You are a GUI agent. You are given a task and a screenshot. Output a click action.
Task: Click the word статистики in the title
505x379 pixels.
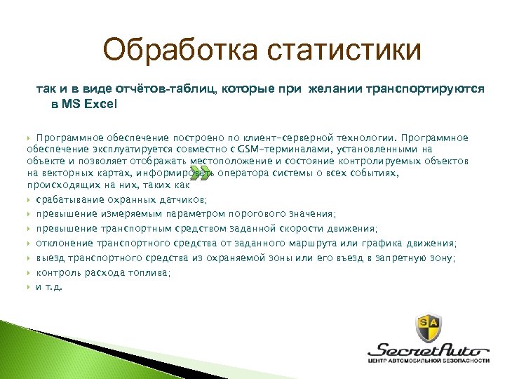[343, 51]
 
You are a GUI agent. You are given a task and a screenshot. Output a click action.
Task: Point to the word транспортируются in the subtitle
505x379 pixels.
[424, 90]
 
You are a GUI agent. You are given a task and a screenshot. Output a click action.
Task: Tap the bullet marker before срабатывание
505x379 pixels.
[29, 201]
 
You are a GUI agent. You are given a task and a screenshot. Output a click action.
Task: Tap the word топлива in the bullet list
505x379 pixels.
[149, 272]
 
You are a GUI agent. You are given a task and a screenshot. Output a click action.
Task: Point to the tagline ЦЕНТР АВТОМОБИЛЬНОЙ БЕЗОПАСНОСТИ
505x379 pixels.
[429, 361]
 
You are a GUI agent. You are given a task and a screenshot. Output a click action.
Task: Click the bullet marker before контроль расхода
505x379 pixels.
[29, 272]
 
